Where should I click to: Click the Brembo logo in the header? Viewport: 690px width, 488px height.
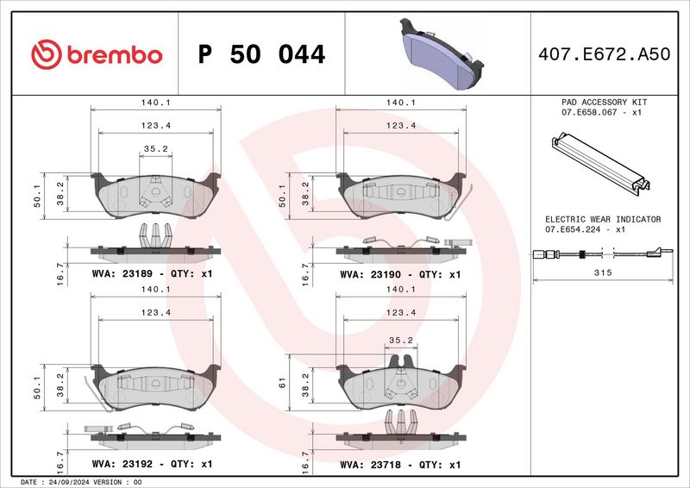coord(96,54)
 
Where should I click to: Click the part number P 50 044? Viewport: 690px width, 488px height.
coord(261,55)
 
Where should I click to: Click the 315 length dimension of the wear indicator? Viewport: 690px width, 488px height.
coord(603,272)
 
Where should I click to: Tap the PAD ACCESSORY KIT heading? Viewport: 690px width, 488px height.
coord(603,102)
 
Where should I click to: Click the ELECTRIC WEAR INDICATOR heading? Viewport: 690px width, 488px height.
coord(603,219)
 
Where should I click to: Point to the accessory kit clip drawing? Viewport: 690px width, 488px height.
coord(598,164)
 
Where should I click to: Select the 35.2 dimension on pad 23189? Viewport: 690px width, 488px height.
coord(155,148)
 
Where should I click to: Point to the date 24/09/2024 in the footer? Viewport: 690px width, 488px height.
coord(66,482)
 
